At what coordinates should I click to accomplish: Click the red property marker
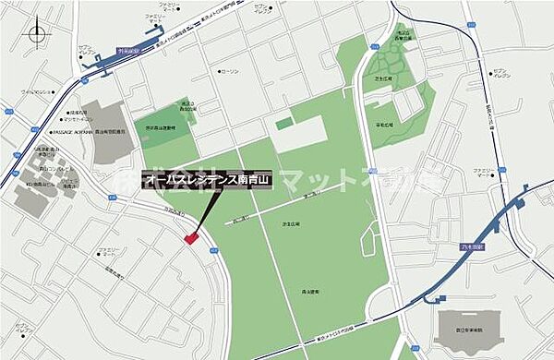click(x=192, y=239)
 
